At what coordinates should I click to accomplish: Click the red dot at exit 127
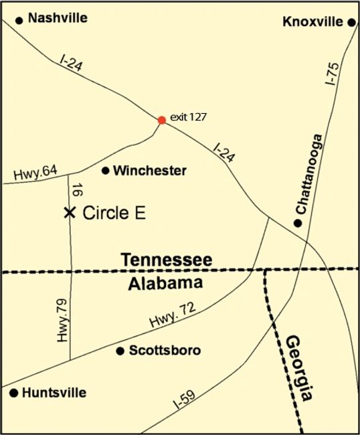pyautogui.click(x=161, y=120)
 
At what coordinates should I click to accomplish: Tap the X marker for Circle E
pyautogui.click(x=69, y=212)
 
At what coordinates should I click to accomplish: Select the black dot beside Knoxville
pyautogui.click(x=351, y=22)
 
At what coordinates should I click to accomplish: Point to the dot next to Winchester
pyautogui.click(x=105, y=171)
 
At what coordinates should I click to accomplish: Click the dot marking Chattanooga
pyautogui.click(x=298, y=222)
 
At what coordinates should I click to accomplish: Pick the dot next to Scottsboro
pyautogui.click(x=120, y=351)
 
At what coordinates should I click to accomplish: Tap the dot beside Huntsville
pyautogui.click(x=13, y=394)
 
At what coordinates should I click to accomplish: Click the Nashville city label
pyautogui.click(x=58, y=18)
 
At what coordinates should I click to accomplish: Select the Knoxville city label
pyautogui.click(x=314, y=22)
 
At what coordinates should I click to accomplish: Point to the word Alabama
pyautogui.click(x=165, y=283)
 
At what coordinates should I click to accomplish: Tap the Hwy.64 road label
pyautogui.click(x=35, y=172)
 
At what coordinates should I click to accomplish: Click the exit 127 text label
pyautogui.click(x=188, y=116)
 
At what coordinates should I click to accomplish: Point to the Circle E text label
pyautogui.click(x=114, y=213)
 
